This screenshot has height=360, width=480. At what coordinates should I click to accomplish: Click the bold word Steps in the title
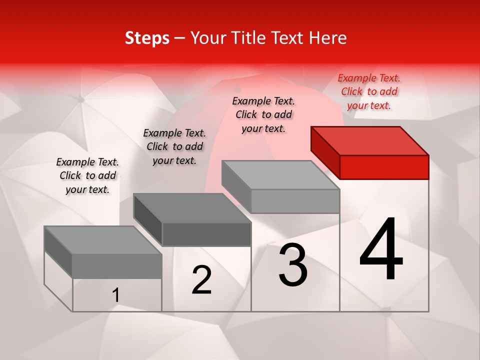pyautogui.click(x=147, y=38)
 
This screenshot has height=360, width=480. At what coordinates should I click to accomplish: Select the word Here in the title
pyautogui.click(x=328, y=38)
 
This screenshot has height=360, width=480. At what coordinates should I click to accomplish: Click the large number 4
pyautogui.click(x=381, y=249)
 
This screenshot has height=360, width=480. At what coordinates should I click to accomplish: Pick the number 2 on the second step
pyautogui.click(x=202, y=280)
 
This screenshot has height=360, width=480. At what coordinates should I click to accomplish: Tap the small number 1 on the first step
pyautogui.click(x=116, y=295)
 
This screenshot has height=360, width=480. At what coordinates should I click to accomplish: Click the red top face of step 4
pyautogui.click(x=370, y=141)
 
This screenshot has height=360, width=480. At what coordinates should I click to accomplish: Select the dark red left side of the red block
pyautogui.click(x=325, y=152)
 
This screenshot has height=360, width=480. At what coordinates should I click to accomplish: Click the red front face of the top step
pyautogui.click(x=384, y=167)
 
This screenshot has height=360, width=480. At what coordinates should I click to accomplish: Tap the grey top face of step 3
pyautogui.click(x=280, y=175)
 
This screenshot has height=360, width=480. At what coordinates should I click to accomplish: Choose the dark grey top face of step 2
pyautogui.click(x=192, y=208)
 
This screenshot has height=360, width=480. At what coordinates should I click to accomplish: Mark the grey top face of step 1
pyautogui.click(x=103, y=240)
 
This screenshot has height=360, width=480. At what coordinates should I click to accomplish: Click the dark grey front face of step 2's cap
pyautogui.click(x=206, y=234)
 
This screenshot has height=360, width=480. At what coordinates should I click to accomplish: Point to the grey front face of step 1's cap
pyautogui.click(x=117, y=266)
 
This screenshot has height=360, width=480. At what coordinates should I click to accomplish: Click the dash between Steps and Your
pyautogui.click(x=180, y=38)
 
